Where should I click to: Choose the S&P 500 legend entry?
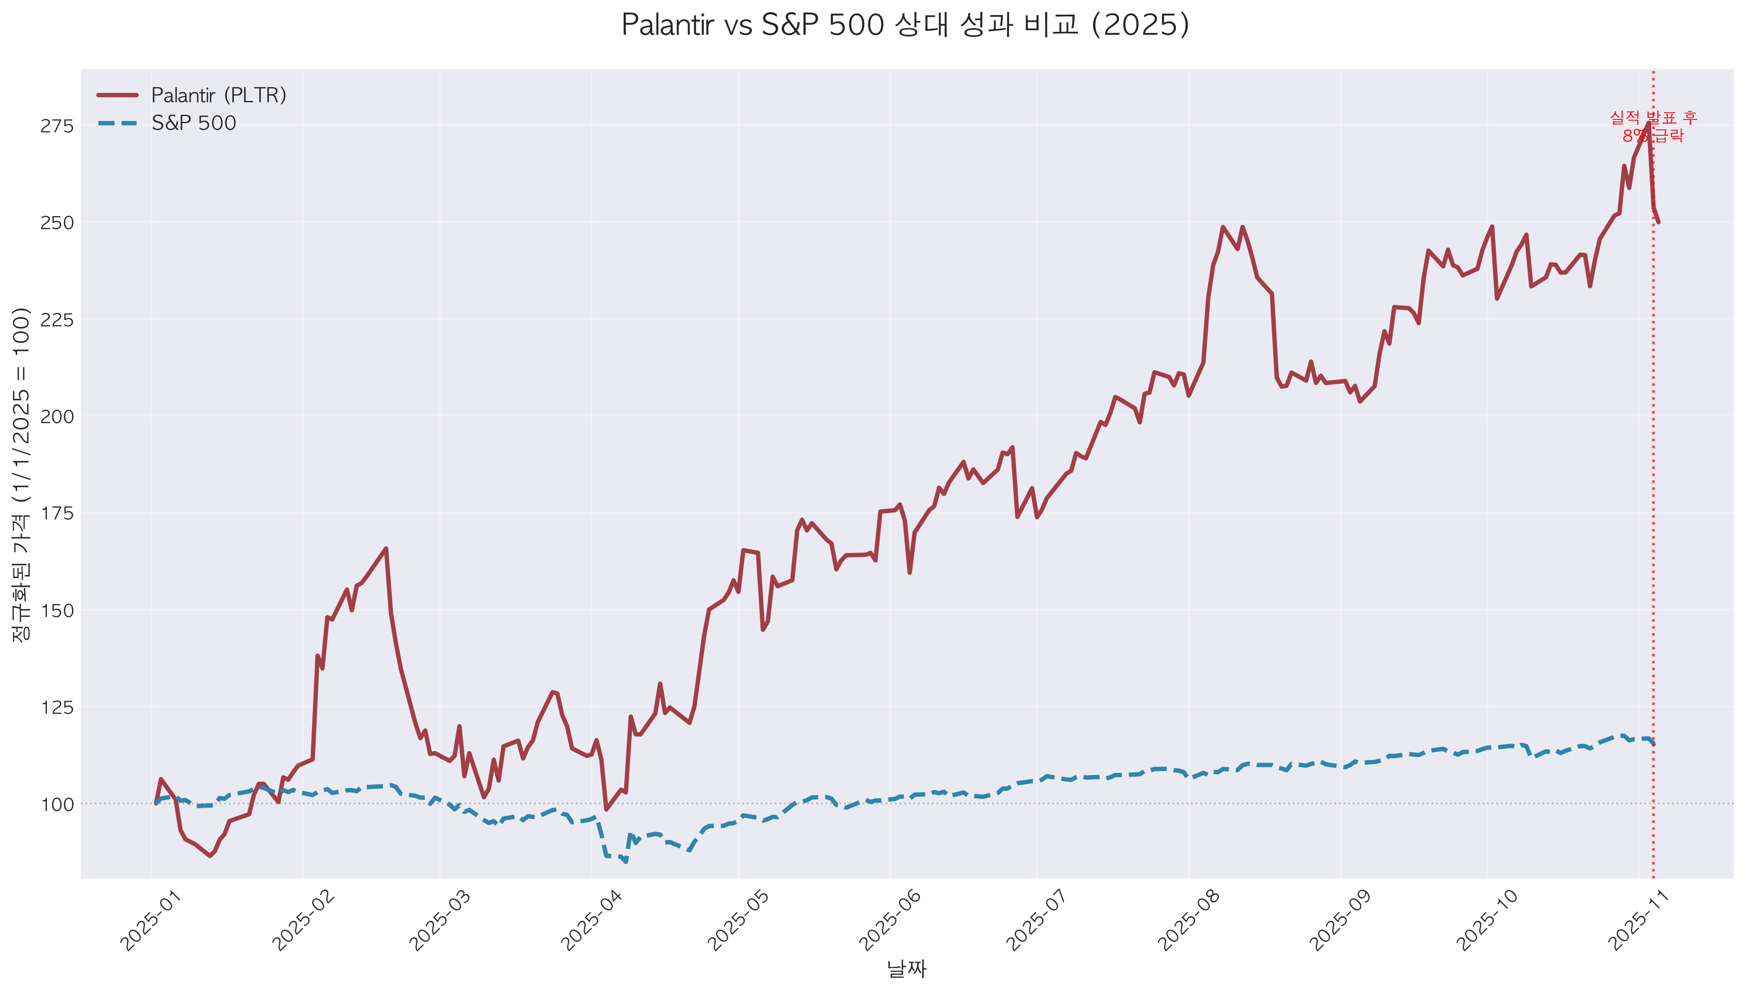point(194,123)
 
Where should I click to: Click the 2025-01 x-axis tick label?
point(151,920)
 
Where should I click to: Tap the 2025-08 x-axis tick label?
point(1189,920)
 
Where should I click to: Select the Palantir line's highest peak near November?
point(1648,123)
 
